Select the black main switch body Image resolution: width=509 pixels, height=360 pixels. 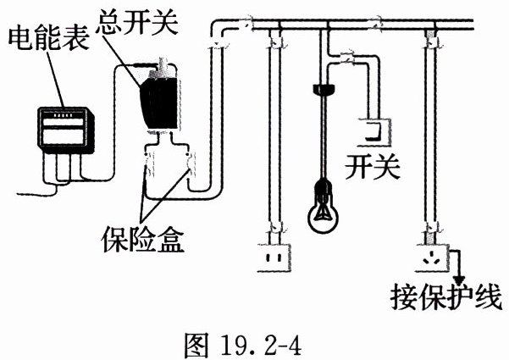pyautogui.click(x=157, y=101)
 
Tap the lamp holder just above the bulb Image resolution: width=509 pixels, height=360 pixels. pyautogui.click(x=323, y=185)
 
